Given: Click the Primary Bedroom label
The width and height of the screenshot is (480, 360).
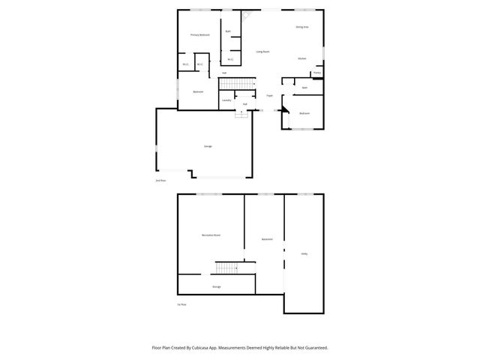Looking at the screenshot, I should [199, 35].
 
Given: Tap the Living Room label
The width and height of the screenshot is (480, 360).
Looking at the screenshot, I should [262, 52].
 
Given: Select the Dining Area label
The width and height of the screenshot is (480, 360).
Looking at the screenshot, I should [302, 27].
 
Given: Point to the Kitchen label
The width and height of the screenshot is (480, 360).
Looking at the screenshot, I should [301, 58].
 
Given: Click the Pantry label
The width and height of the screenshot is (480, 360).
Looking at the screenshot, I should [317, 73].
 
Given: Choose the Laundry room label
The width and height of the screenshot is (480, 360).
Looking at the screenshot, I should [226, 100].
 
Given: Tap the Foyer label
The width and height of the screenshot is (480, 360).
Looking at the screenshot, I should [269, 96].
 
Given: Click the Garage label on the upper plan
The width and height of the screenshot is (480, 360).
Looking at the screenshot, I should [208, 146].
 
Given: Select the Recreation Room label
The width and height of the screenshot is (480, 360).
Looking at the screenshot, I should [211, 235].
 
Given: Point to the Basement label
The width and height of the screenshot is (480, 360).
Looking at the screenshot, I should [267, 239].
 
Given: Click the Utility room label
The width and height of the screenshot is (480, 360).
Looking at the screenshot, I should [304, 254].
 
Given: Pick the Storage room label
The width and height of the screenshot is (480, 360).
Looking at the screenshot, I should [216, 286].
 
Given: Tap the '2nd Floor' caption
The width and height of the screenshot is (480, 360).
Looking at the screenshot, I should [160, 181].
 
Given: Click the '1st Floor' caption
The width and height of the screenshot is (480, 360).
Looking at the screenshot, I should [181, 304].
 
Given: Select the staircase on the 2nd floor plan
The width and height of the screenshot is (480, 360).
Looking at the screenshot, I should [233, 83].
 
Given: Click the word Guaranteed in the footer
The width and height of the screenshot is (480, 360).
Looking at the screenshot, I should [314, 348].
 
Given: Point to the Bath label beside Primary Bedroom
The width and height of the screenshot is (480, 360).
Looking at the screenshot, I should [228, 31].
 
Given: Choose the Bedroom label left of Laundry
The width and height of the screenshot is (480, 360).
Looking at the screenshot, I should [198, 91].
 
